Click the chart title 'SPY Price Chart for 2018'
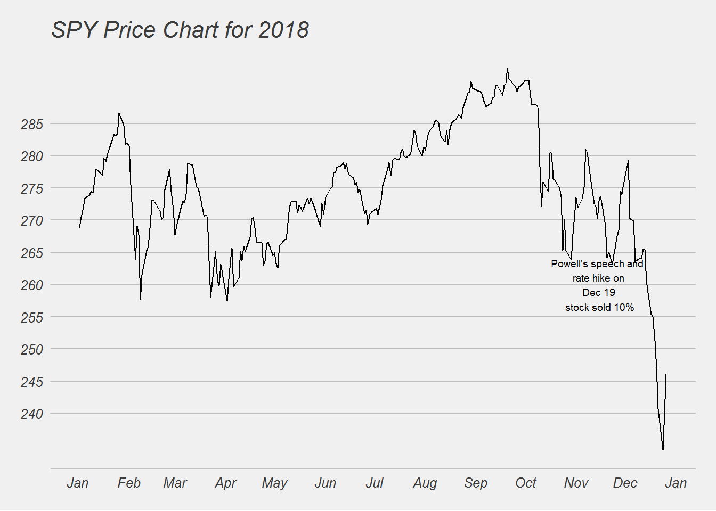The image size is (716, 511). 180,30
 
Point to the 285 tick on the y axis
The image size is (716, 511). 32,125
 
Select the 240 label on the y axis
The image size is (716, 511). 32,414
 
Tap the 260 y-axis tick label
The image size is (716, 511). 32,285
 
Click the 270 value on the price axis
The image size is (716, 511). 32,221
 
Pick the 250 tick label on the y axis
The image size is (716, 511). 32,350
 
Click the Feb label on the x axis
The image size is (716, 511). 129,483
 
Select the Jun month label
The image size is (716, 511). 325,483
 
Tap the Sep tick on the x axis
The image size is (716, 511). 476,483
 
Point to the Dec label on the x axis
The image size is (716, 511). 625,483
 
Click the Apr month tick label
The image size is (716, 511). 225,483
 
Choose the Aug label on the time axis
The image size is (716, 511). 425,483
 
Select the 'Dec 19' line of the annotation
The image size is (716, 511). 599,293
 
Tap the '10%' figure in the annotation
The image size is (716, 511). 624,308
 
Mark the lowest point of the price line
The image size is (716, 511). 663,450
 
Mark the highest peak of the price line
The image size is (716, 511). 507,68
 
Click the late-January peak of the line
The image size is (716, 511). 119,113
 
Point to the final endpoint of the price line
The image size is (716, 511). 666,374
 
